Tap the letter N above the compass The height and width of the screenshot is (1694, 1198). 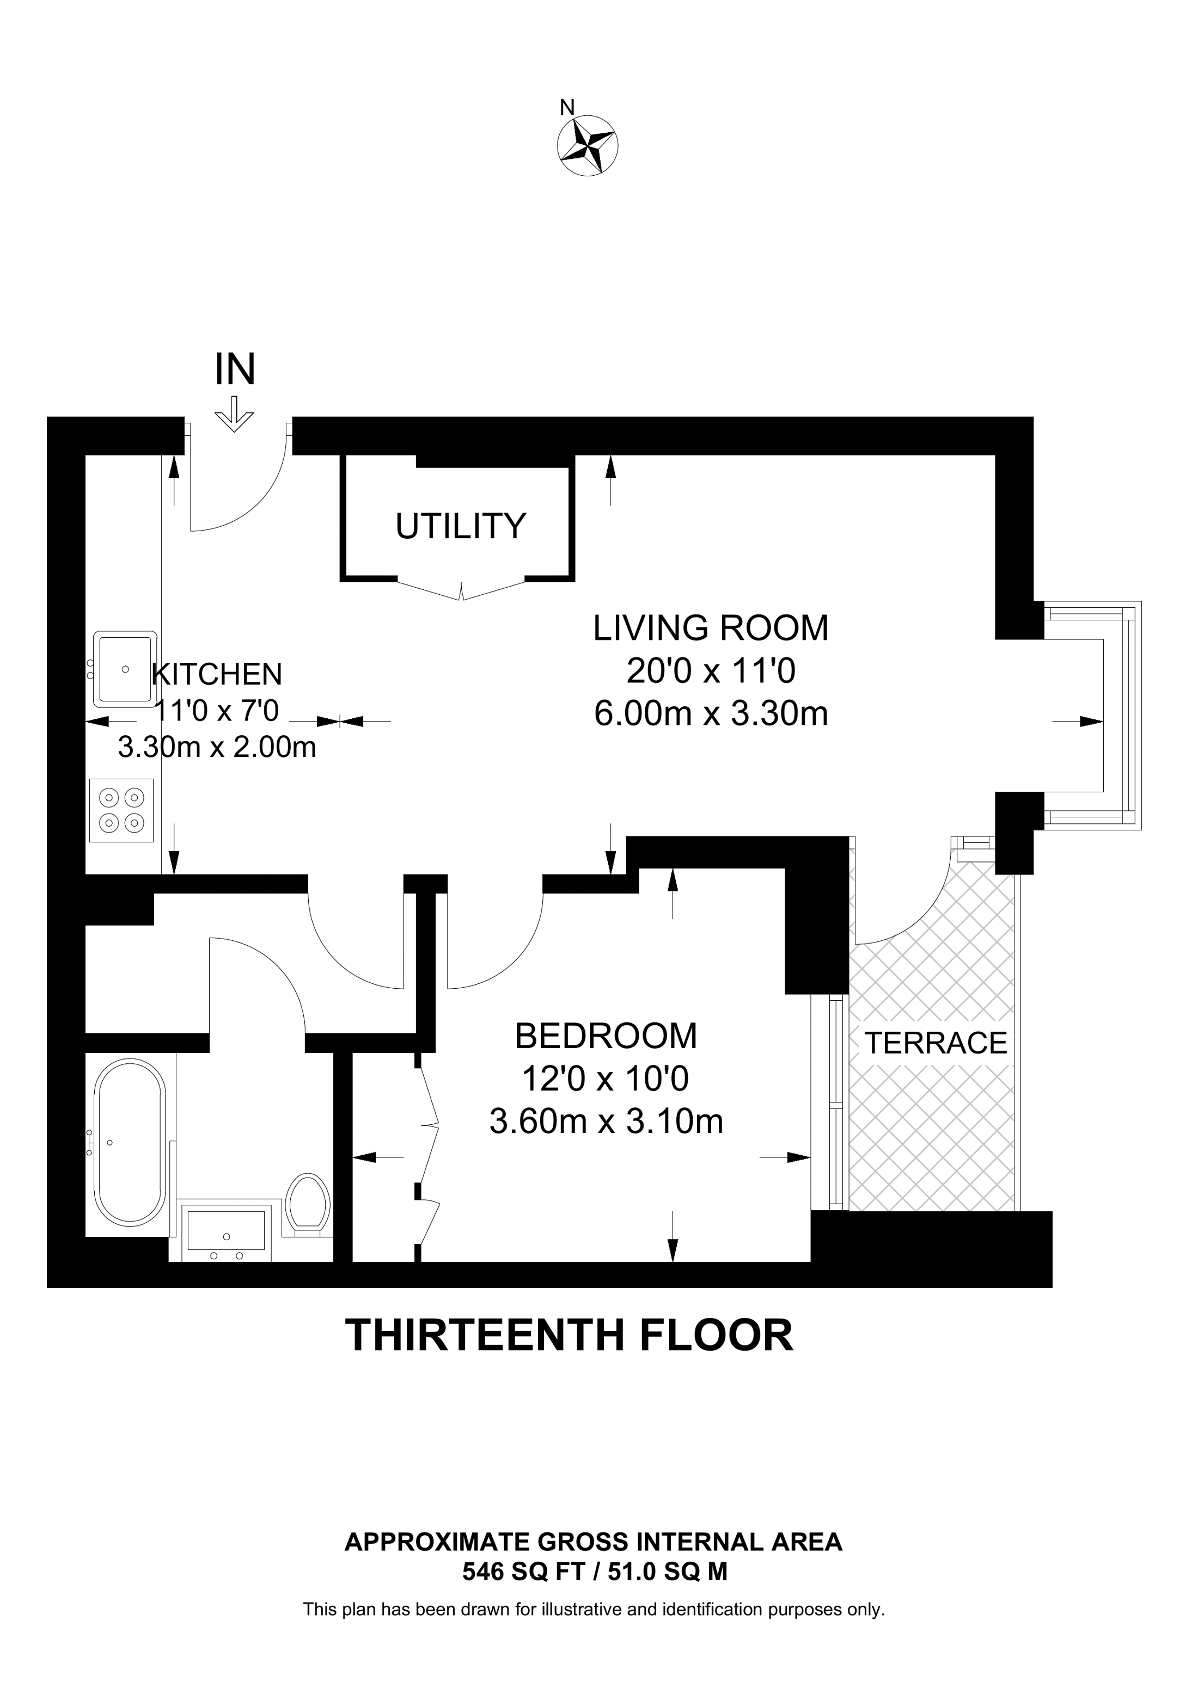point(567,108)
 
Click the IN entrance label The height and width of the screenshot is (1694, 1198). point(235,371)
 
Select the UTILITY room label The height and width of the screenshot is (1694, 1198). point(461,526)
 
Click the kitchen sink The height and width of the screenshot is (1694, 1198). point(125,668)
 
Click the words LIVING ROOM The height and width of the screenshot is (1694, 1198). point(711,628)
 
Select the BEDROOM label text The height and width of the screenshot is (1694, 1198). point(606,1036)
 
